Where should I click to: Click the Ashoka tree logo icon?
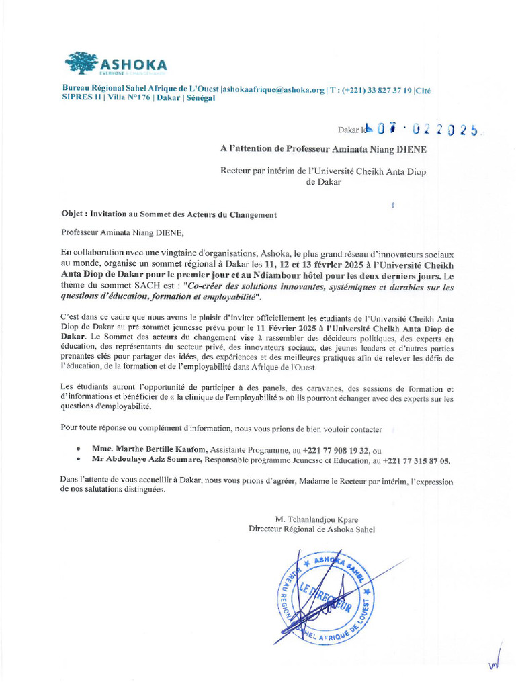(81, 62)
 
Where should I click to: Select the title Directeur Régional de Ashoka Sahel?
(312, 529)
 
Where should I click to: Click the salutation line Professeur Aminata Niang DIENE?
(122, 233)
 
